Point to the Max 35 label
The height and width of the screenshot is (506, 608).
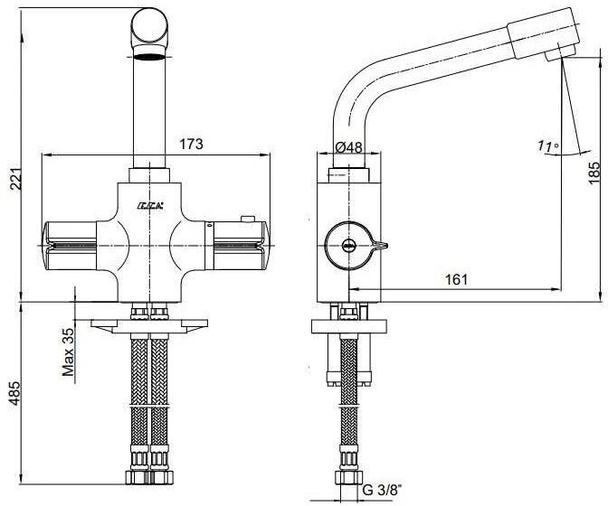(67, 351)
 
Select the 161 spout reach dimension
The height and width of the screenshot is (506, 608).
(457, 279)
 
